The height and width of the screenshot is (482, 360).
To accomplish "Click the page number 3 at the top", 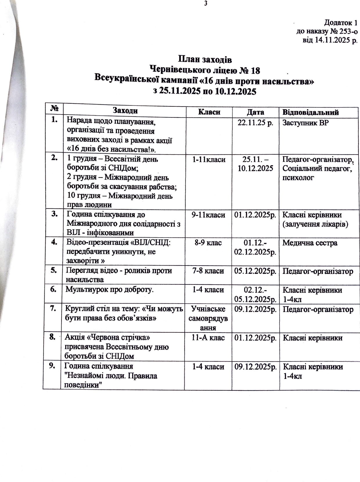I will tap(206, 3).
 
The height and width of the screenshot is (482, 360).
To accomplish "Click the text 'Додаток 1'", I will tap(340, 22).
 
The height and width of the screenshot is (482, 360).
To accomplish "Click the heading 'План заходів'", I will tap(205, 59).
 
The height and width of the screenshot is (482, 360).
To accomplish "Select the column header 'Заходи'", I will tap(125, 110).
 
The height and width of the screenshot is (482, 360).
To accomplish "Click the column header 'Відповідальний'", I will tap(310, 112).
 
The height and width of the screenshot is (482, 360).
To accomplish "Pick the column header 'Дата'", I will tap(255, 112).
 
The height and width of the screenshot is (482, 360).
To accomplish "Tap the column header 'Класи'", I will tap(209, 112).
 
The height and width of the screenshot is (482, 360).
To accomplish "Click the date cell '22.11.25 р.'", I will tap(255, 123).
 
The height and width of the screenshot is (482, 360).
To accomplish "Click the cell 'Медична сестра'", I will tap(310, 243).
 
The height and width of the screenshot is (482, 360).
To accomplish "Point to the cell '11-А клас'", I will tap(208, 338).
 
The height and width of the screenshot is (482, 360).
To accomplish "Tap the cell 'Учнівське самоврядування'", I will tap(208, 318).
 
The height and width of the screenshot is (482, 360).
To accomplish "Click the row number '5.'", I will tap(54, 270).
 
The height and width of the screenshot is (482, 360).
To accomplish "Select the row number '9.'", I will tap(52, 366).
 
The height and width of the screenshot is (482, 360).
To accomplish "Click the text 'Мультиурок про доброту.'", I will tap(109, 289).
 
